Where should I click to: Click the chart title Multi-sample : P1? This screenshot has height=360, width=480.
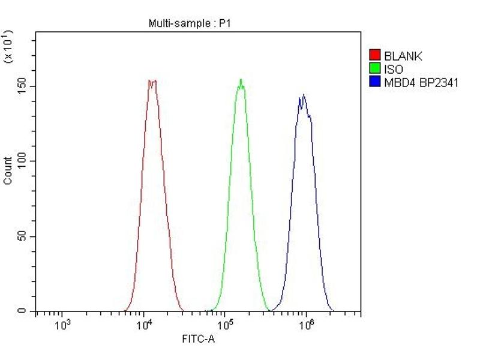pos(190,24)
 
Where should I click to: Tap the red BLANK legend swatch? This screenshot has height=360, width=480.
pos(375,56)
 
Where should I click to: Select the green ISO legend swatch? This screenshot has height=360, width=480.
pos(375,69)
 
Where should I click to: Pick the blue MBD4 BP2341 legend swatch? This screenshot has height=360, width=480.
pos(375,82)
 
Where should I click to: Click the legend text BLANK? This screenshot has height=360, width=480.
pos(403,56)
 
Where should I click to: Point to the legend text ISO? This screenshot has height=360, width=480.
pos(394,70)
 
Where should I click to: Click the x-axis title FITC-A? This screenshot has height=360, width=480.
pos(198,340)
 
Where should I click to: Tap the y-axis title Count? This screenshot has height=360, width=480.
pos(8,170)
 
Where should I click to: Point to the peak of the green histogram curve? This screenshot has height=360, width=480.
pos(241,80)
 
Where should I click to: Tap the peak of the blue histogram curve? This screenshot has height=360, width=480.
pos(304,95)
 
